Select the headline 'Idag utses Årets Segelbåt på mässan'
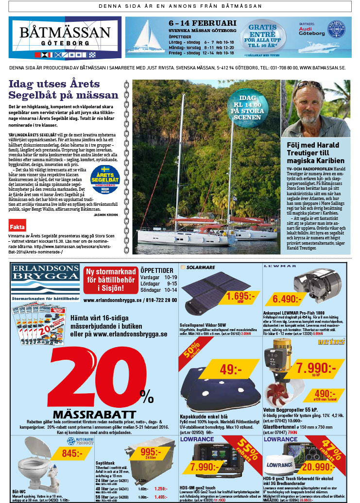coord(63,89)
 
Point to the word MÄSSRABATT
coord(94,415)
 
